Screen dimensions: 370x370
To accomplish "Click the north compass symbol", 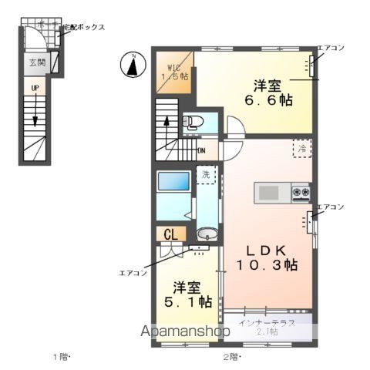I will click(133, 65).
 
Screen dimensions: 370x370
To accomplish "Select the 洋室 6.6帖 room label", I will click(267, 92).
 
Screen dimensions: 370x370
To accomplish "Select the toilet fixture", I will click(191, 121).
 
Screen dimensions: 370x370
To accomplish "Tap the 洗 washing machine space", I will click(206, 175).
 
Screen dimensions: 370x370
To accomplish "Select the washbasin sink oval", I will click(205, 234).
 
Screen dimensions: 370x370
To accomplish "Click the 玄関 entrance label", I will click(37, 62).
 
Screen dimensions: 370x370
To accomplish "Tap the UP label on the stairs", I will click(35, 89).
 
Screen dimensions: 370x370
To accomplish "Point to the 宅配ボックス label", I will click(82, 27).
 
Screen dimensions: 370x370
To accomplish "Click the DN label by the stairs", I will click(200, 150).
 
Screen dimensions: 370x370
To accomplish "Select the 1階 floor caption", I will click(61, 356).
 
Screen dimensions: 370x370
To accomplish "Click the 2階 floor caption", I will click(232, 356).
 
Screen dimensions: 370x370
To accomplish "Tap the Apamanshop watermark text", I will click(184, 331).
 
